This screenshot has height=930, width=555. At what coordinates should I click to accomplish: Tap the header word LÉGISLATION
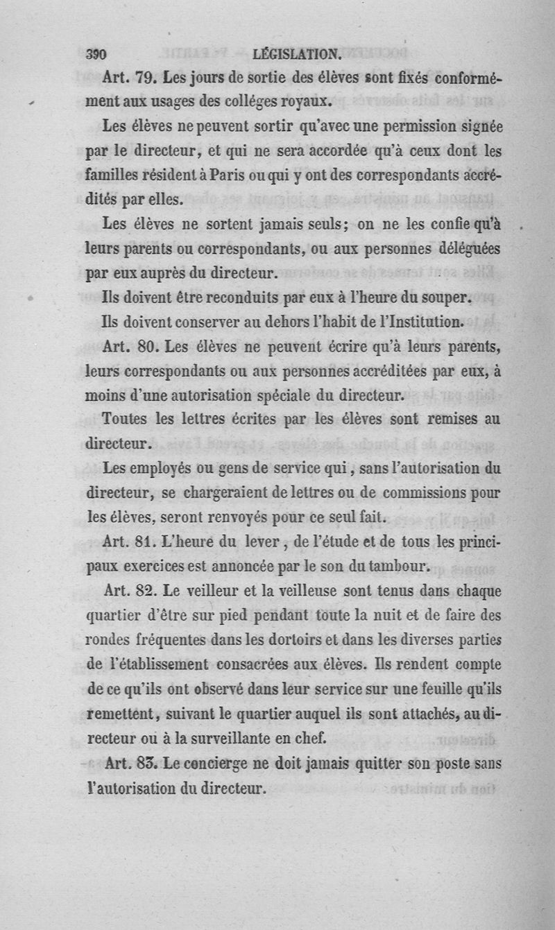click(297, 54)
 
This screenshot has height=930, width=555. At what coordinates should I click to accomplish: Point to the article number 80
click(148, 344)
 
